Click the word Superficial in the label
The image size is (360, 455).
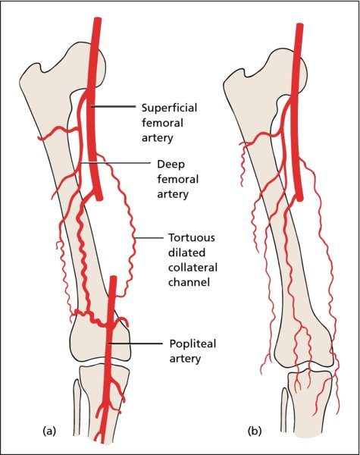[x=169, y=108]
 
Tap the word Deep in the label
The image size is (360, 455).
[x=171, y=165]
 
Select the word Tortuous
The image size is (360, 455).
[x=192, y=237]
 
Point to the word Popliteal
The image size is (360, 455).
[x=193, y=344]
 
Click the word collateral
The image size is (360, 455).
[x=193, y=267]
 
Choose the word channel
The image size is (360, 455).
[x=189, y=282]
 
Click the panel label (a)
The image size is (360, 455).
[x=49, y=431]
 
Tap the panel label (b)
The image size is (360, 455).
[x=255, y=431]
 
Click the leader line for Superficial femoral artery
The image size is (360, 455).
[x=113, y=106]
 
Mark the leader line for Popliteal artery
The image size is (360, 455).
[x=135, y=344]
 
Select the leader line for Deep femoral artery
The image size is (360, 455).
[x=115, y=163]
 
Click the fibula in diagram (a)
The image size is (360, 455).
[x=77, y=406]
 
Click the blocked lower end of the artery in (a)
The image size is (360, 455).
[x=99, y=199]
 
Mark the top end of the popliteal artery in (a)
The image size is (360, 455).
[x=113, y=278]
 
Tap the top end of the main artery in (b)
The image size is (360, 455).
[x=300, y=26]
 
